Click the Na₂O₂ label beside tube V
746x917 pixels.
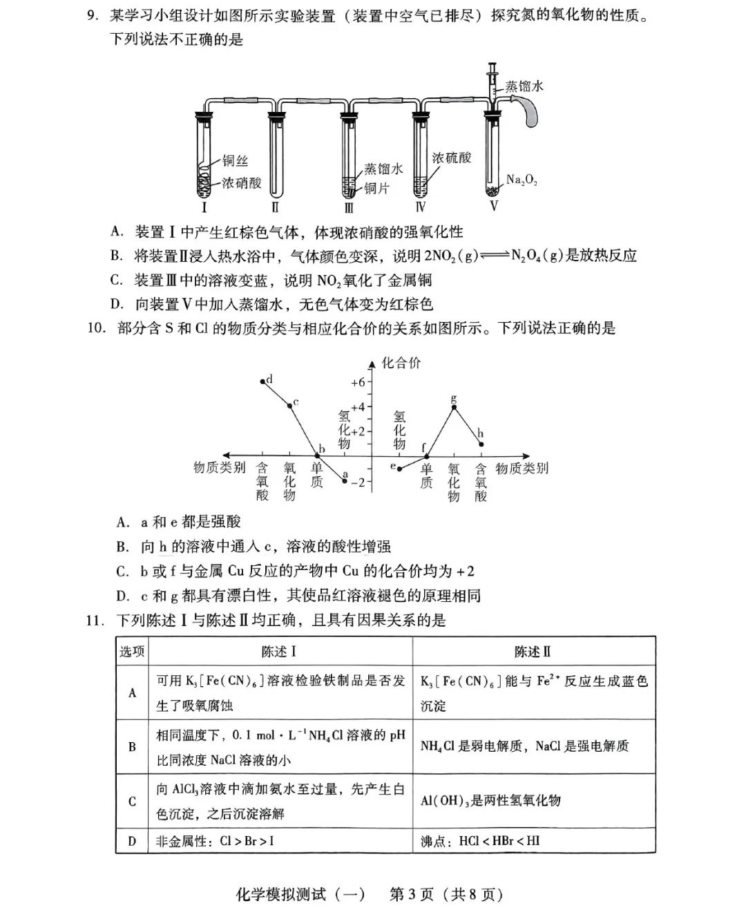pyautogui.click(x=522, y=180)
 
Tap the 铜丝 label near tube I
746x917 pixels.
pyautogui.click(x=236, y=161)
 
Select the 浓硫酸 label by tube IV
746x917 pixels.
pyautogui.click(x=452, y=158)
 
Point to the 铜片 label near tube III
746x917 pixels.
pyautogui.click(x=376, y=188)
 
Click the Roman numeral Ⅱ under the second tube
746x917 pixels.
pyautogui.click(x=275, y=207)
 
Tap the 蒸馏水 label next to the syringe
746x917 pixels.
pyautogui.click(x=524, y=86)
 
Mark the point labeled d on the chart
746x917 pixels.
pyautogui.click(x=262, y=381)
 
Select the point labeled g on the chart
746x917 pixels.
pyautogui.click(x=454, y=407)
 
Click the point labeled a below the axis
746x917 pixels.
pyautogui.click(x=345, y=480)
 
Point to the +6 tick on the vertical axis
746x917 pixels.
pyautogui.click(x=358, y=382)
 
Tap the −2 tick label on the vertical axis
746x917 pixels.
pyautogui.click(x=358, y=482)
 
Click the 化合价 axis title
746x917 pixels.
pyautogui.click(x=401, y=363)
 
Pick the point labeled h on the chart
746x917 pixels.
pyautogui.click(x=481, y=444)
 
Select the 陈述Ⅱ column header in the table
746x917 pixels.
pyautogui.click(x=533, y=652)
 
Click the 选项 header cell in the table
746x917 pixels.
pyautogui.click(x=132, y=652)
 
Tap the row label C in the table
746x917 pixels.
pyautogui.click(x=132, y=802)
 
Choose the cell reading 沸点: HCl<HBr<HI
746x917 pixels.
pyautogui.click(x=480, y=841)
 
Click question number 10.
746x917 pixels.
pyautogui.click(x=96, y=328)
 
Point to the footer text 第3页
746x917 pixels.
pyautogui.click(x=412, y=894)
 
